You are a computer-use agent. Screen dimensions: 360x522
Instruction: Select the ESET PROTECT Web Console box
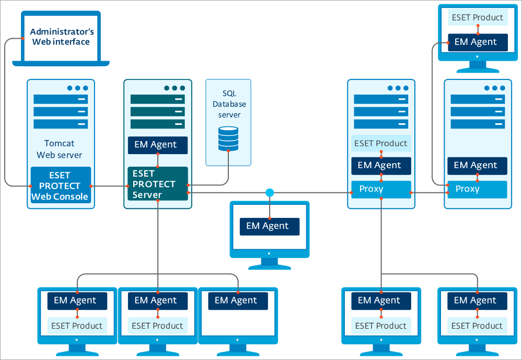click(61, 185)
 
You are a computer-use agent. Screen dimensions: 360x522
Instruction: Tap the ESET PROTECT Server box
click(157, 184)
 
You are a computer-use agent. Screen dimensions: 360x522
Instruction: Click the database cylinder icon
click(228, 138)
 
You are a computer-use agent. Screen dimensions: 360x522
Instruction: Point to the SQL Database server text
click(229, 104)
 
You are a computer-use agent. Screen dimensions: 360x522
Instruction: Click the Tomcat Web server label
click(60, 149)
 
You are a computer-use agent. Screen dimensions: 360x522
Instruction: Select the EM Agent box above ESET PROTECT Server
click(157, 145)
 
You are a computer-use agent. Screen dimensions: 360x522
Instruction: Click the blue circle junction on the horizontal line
click(270, 193)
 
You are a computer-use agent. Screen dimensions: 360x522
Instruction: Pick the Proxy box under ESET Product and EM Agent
click(381, 189)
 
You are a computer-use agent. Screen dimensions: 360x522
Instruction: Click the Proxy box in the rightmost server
click(477, 189)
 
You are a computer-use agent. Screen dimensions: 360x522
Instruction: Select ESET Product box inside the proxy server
click(381, 143)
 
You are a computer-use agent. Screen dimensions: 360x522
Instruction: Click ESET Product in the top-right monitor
click(477, 17)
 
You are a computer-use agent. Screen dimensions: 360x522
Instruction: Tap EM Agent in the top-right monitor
click(477, 42)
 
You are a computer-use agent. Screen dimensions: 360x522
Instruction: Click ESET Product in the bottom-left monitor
click(77, 326)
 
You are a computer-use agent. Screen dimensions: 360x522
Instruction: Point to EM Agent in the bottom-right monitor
click(477, 300)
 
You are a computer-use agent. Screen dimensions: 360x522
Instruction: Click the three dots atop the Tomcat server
click(77, 88)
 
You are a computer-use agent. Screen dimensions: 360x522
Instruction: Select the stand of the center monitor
click(269, 264)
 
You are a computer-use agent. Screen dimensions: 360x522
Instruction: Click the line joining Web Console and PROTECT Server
click(109, 186)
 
